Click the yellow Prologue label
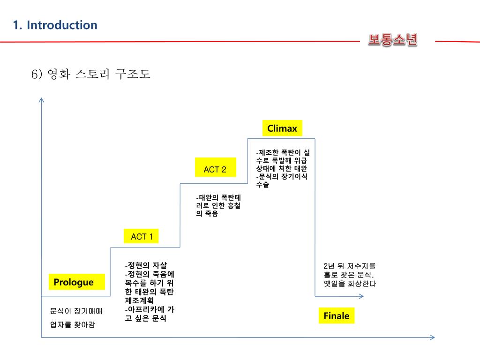pyautogui.click(x=74, y=282)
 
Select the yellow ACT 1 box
pyautogui.click(x=142, y=237)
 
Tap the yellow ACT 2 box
pyautogui.click(x=215, y=170)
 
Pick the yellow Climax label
pyautogui.click(x=282, y=128)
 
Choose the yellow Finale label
pyautogui.click(x=336, y=316)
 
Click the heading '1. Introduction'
pyautogui.click(x=55, y=25)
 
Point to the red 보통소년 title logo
pyautogui.click(x=392, y=40)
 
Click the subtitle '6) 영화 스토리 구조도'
pyautogui.click(x=91, y=74)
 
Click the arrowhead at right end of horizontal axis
pyautogui.click(x=432, y=337)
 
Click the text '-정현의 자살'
pyautogui.click(x=146, y=264)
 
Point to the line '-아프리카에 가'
pyautogui.click(x=150, y=309)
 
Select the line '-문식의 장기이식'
pyautogui.click(x=282, y=176)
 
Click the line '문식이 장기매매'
pyautogui.click(x=75, y=311)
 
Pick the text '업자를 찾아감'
pyautogui.click(x=72, y=324)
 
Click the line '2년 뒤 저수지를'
pyautogui.click(x=350, y=266)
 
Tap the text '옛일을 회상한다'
pyautogui.click(x=350, y=284)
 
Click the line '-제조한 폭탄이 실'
pyautogui.click(x=283, y=152)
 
